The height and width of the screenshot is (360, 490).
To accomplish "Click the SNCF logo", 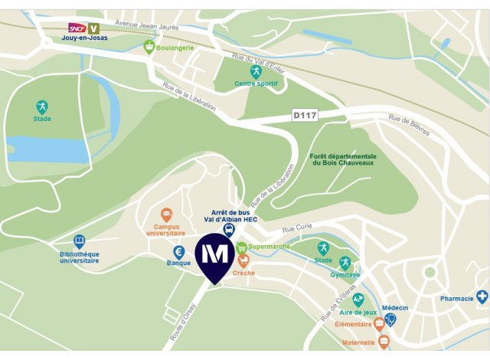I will (77, 28).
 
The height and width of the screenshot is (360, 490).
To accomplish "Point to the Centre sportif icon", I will (256, 71).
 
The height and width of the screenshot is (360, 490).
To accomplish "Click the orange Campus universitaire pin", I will (166, 215).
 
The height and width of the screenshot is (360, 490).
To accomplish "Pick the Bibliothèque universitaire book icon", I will (80, 242).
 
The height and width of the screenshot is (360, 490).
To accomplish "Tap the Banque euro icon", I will (178, 251).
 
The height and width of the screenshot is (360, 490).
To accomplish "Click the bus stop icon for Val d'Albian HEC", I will (228, 229).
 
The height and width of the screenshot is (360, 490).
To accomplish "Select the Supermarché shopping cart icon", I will (242, 247).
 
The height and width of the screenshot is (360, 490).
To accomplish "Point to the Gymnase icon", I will (345, 263).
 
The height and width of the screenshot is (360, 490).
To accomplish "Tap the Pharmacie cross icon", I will (482, 296).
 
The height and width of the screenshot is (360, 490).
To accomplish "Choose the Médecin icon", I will (390, 319).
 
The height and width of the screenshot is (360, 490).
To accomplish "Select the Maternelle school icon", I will (384, 342).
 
